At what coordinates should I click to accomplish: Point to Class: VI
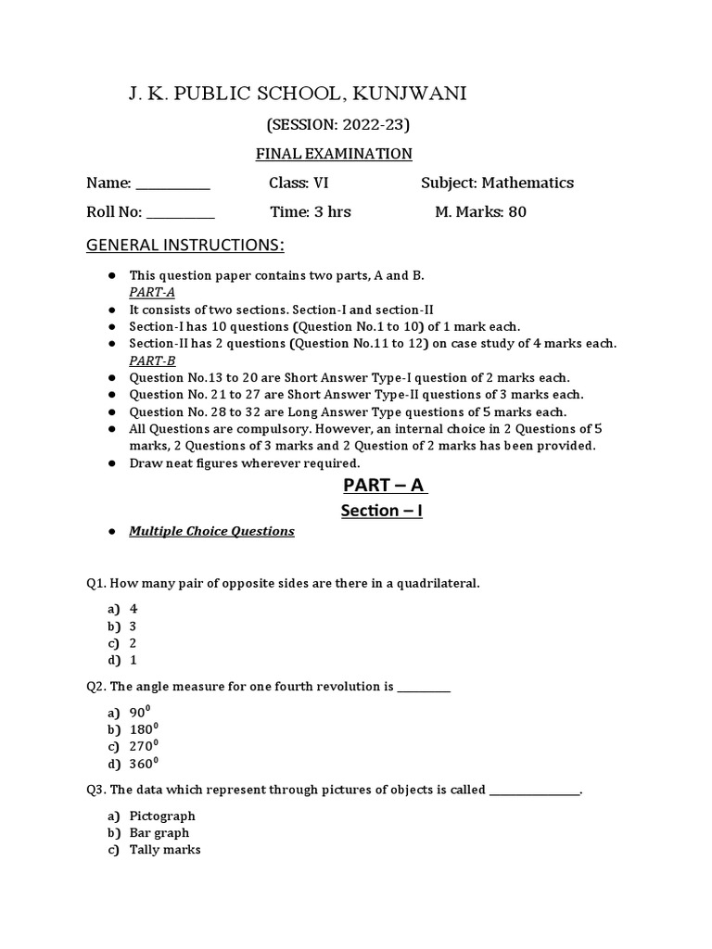click(299, 183)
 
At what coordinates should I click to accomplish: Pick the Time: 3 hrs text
click(311, 212)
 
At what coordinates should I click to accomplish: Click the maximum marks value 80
click(516, 212)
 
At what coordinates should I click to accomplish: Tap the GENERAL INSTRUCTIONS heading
click(185, 246)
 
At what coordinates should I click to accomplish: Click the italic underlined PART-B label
click(153, 361)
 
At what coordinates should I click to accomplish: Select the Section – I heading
click(381, 511)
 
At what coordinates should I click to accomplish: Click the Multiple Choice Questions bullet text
click(211, 531)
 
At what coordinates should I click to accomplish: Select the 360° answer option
click(144, 763)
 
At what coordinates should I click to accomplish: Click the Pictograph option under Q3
click(162, 816)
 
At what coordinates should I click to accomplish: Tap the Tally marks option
click(165, 849)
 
